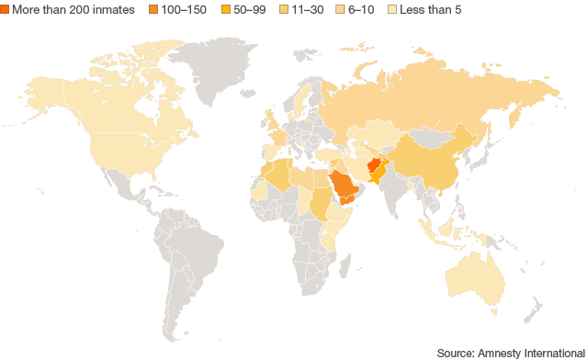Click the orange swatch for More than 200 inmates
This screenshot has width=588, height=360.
[5, 9]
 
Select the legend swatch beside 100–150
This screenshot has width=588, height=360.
[153, 9]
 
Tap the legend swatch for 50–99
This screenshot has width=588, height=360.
[225, 9]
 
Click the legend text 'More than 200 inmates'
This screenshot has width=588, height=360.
[73, 9]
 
